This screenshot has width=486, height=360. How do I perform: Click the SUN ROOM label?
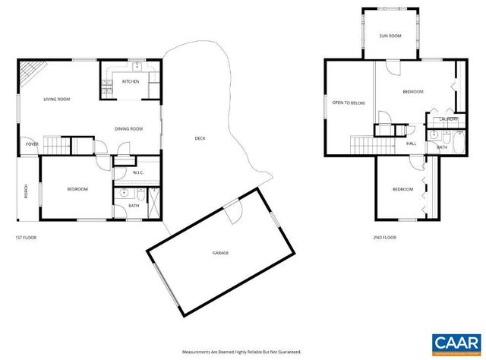tap(390, 36)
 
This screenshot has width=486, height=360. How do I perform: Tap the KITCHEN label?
tap(131, 81)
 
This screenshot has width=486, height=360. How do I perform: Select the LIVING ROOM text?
tap(57, 99)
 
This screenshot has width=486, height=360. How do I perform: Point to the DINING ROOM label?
tap(129, 128)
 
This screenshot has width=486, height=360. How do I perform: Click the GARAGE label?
tap(220, 253)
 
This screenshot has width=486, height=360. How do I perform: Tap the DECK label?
tap(200, 138)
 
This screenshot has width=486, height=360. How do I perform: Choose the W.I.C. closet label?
tap(138, 172)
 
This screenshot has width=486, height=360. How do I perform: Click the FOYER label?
tap(32, 144)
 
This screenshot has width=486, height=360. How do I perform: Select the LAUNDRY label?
tap(448, 118)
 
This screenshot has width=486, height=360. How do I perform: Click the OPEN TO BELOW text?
tap(349, 103)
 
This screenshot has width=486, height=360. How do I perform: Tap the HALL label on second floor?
tap(411, 143)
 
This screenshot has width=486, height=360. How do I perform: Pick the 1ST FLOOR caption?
tap(26, 238)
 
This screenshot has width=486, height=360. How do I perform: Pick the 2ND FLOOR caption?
tap(385, 238)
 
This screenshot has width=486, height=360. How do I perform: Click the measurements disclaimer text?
tap(242, 352)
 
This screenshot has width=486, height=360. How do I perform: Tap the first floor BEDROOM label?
tap(77, 189)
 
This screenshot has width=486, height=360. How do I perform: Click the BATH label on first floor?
tap(134, 205)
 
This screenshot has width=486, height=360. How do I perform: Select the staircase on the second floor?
tap(365, 144)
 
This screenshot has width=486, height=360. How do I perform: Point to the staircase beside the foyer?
tap(55, 144)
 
